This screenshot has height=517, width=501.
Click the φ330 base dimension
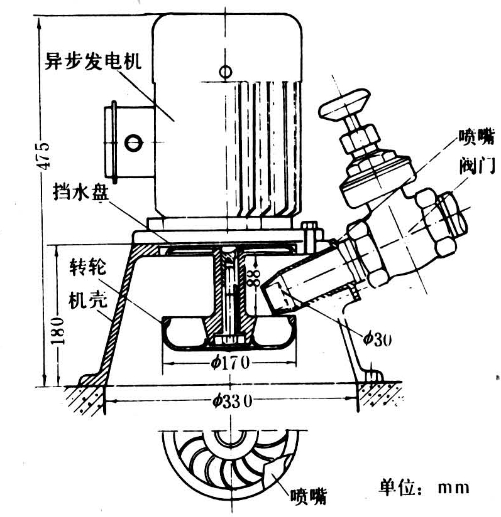(233, 400)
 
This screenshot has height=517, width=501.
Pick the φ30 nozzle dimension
(377, 339)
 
